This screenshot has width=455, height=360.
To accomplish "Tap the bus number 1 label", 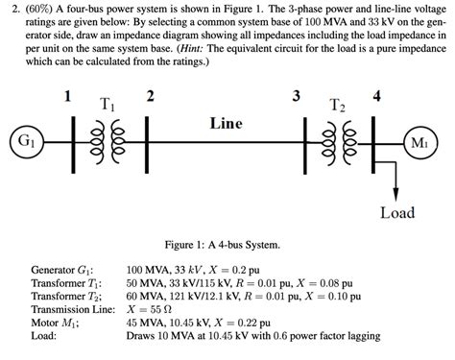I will [x=67, y=96].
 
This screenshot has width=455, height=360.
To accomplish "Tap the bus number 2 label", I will [x=149, y=96].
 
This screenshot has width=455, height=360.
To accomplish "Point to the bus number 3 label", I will [x=295, y=96].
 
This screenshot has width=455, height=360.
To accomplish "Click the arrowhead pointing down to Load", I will [x=397, y=188].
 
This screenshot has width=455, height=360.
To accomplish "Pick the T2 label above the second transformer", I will [x=337, y=104].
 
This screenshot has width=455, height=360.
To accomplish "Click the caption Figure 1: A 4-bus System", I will [x=227, y=244].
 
